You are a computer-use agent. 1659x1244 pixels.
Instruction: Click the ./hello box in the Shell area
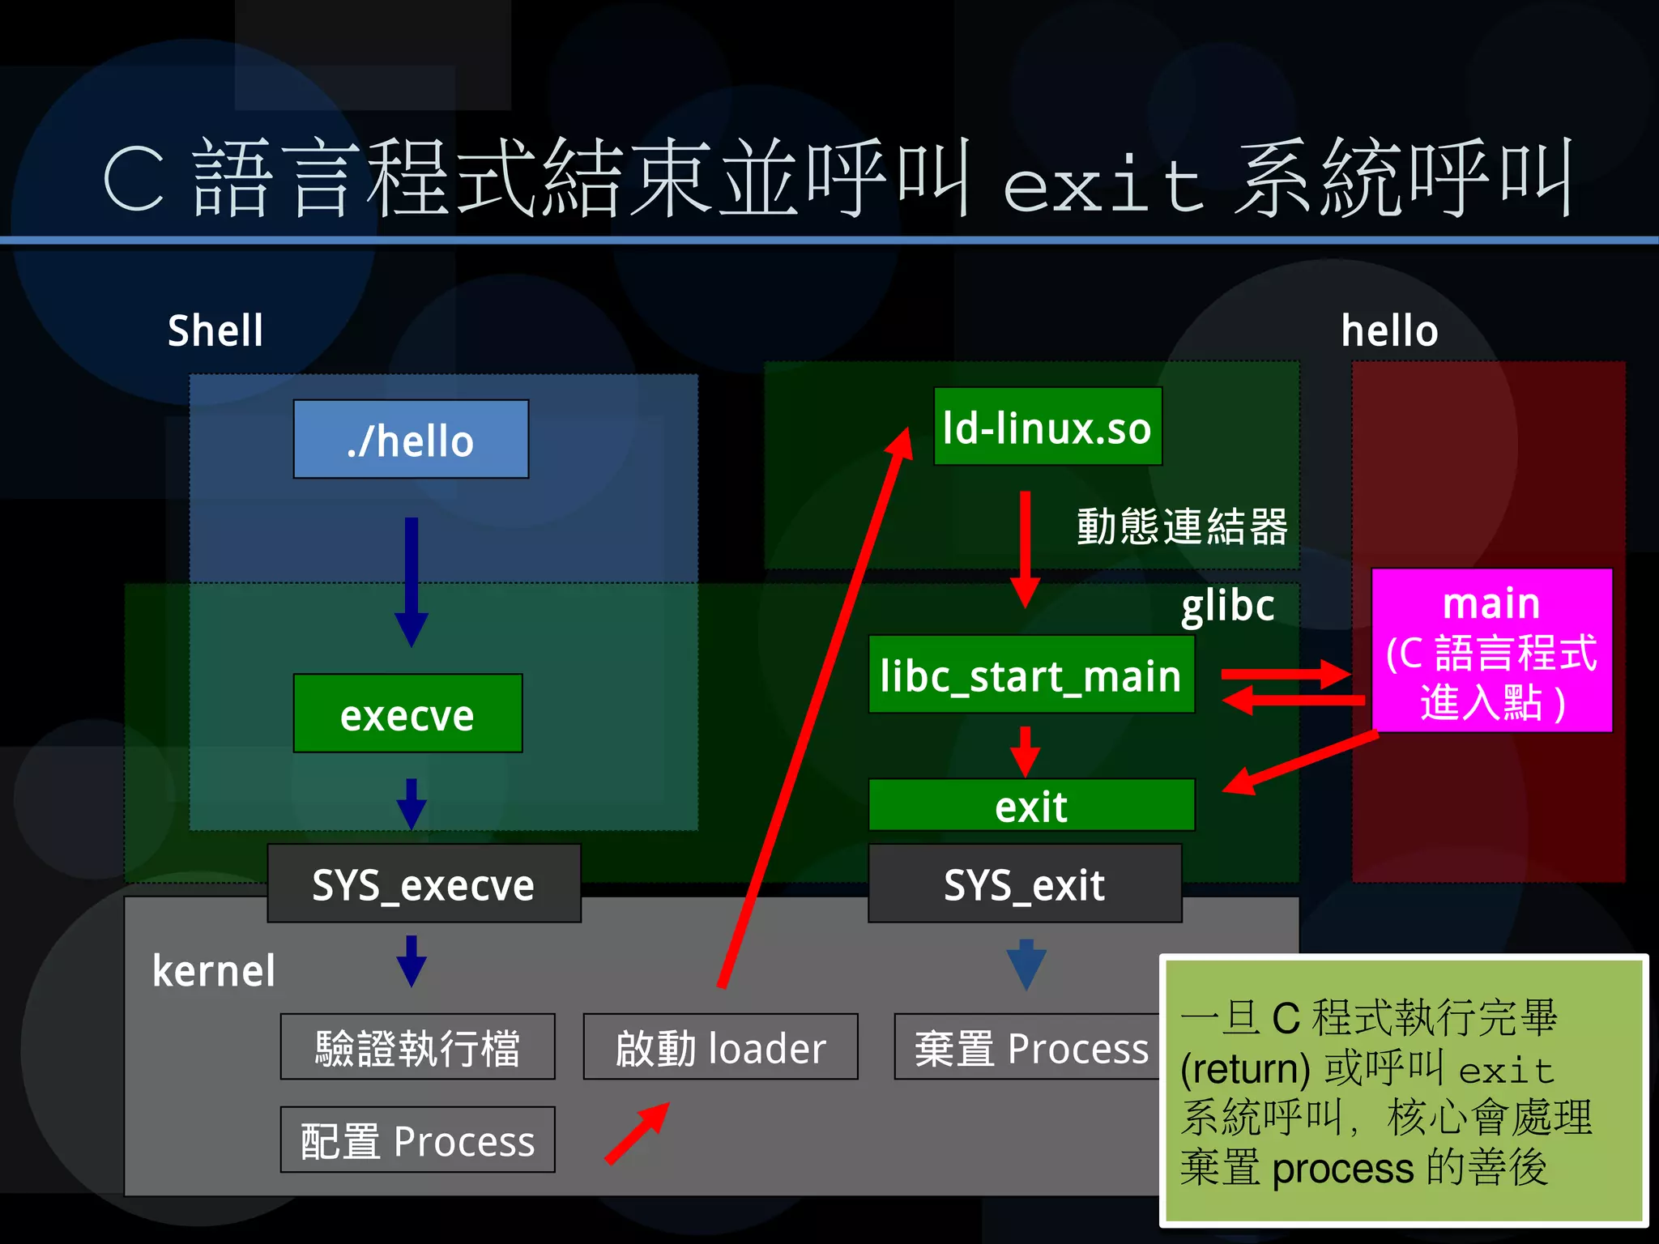click(411, 439)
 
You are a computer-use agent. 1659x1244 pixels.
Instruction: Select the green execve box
click(407, 714)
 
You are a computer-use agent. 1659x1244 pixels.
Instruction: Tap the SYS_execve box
click(424, 884)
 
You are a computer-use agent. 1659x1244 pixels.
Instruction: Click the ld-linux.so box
click(1047, 426)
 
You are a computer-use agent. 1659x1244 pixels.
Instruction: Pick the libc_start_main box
click(1030, 674)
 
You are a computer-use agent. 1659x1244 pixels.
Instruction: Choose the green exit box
click(1030, 805)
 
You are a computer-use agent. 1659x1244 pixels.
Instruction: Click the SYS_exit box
click(1024, 884)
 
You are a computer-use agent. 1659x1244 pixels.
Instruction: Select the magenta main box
click(1491, 650)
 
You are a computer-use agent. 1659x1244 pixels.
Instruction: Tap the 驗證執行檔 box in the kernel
click(417, 1046)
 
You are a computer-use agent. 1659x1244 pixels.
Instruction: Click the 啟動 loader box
click(720, 1046)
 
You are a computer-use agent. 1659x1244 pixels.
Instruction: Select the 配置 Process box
click(417, 1140)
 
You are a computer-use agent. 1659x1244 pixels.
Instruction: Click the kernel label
click(214, 970)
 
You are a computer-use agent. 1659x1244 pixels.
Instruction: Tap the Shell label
click(215, 330)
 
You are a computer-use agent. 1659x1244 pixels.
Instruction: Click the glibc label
click(1227, 606)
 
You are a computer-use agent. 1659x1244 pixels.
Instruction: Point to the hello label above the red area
click(1389, 330)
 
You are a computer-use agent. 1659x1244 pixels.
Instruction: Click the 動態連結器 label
click(1182, 526)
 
